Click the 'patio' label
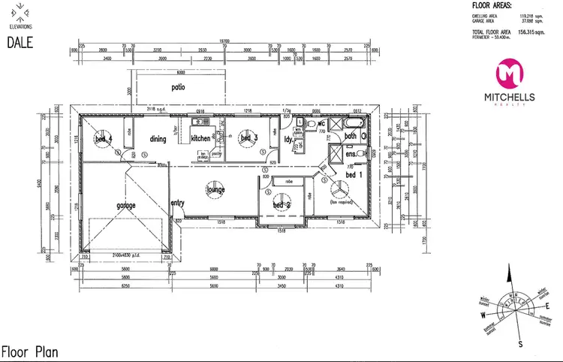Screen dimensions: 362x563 click(x=177, y=87)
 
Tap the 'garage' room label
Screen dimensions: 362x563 click(x=125, y=204)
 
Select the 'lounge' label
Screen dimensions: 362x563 click(x=216, y=191)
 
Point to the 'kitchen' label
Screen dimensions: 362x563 click(x=200, y=139)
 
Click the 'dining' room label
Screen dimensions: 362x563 click(x=158, y=139)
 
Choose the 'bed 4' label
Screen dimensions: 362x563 click(x=103, y=139)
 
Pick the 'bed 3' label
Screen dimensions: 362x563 click(x=249, y=138)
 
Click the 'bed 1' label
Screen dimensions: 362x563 click(x=353, y=174)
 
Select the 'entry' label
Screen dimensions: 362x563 click(x=178, y=204)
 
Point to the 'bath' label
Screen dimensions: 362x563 click(x=350, y=136)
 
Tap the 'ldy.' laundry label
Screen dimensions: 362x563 click(x=288, y=139)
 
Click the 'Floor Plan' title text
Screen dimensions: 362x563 click(x=29, y=351)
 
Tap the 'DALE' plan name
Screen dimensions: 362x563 click(x=20, y=44)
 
